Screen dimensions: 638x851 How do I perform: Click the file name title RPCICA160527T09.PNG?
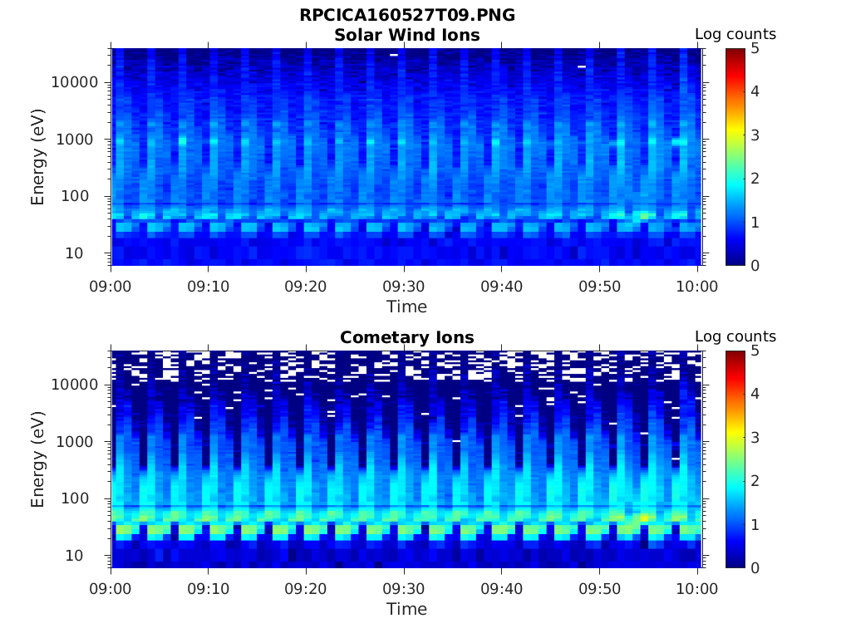click(x=407, y=16)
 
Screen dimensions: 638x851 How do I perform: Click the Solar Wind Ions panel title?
click(x=407, y=35)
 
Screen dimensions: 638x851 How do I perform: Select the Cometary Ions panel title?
click(x=407, y=337)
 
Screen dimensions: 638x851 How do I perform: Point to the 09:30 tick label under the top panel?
click(x=404, y=287)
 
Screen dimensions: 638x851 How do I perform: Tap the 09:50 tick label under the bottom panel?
click(x=600, y=589)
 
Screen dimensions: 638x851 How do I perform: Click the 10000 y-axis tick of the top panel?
click(x=76, y=82)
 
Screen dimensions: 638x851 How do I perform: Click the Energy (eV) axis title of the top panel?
click(x=38, y=157)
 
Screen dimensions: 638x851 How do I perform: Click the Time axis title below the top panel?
click(x=407, y=307)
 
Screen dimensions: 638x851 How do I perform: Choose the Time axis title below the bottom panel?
click(x=407, y=609)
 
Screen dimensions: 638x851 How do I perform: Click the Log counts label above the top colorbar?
click(x=735, y=34)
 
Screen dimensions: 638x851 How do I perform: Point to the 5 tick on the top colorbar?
click(x=755, y=48)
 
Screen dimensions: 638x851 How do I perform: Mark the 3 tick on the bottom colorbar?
click(x=755, y=437)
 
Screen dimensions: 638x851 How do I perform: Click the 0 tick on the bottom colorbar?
click(x=755, y=567)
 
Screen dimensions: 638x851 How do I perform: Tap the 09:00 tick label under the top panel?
click(x=111, y=287)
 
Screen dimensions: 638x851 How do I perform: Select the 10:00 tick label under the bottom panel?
click(x=697, y=589)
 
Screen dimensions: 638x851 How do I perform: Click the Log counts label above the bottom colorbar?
click(x=735, y=336)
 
